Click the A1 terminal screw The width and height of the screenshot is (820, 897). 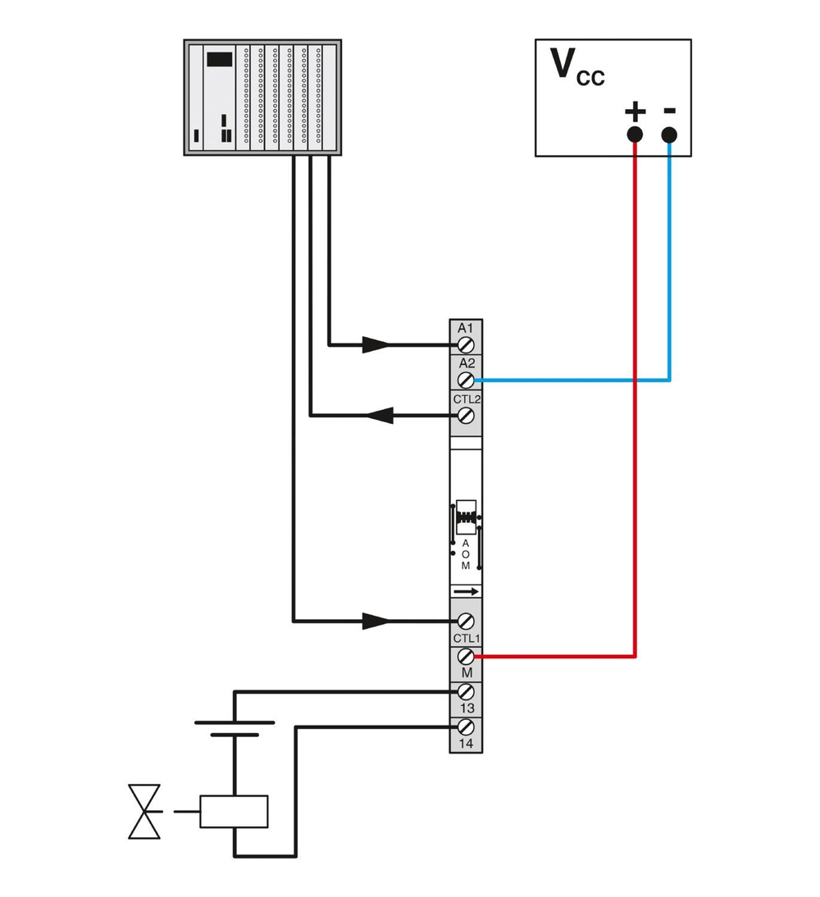point(466,344)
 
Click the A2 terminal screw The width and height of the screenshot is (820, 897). point(466,380)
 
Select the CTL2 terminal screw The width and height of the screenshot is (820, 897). point(466,416)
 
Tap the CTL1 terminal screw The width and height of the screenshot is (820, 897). point(466,620)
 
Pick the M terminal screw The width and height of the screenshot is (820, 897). point(466,656)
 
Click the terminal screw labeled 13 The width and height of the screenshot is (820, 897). point(466,692)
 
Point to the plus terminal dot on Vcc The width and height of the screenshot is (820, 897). point(635,134)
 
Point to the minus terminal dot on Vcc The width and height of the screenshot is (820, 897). point(670,134)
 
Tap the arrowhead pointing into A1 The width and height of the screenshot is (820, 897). point(377,344)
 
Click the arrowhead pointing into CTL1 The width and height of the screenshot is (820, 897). point(377,620)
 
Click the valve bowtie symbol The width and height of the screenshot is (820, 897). point(145,812)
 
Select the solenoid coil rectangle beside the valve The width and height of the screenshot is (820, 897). point(234,812)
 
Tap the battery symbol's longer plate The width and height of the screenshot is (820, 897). point(235,723)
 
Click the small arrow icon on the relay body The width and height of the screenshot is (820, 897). point(466,590)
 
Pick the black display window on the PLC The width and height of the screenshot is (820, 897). point(219,59)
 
